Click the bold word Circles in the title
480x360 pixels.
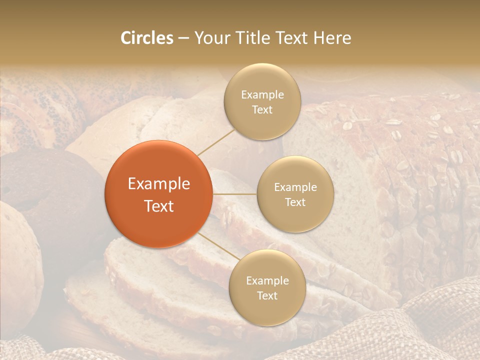pyautogui.click(x=146, y=38)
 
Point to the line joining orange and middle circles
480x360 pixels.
pyautogui.click(x=234, y=194)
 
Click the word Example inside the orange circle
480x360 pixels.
pyautogui.click(x=158, y=184)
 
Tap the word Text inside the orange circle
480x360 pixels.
pyautogui.click(x=158, y=206)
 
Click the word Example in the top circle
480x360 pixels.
pyautogui.click(x=262, y=94)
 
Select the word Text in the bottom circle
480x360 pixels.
pyautogui.click(x=267, y=295)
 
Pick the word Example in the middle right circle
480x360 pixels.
pyautogui.click(x=295, y=187)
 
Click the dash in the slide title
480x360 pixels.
pyautogui.click(x=183, y=38)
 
